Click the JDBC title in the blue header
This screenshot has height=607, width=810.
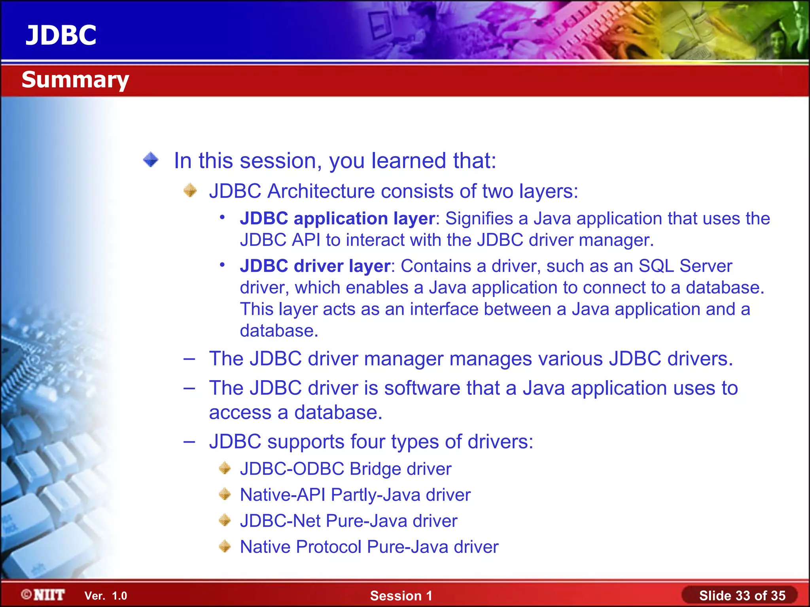61,35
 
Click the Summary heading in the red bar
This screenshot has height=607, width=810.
75,80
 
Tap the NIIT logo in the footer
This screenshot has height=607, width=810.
44,595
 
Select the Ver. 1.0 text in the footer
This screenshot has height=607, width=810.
106,596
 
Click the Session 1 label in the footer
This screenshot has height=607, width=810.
401,596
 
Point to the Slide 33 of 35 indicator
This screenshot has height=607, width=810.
742,596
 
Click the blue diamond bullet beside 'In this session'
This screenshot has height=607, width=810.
151,160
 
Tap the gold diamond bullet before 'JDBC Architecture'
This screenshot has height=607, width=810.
190,190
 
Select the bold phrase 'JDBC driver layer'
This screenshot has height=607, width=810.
315,266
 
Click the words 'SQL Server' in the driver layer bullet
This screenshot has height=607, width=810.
685,266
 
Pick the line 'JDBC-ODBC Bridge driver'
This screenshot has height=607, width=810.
345,469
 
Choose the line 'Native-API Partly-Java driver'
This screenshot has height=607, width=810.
355,495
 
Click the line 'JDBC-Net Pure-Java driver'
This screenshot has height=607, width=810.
348,521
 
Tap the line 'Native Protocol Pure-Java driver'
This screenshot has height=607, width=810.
369,547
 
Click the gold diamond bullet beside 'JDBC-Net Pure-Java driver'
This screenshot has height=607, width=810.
225,520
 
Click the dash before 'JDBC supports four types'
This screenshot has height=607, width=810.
189,441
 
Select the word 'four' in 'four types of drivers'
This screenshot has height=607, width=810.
367,441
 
